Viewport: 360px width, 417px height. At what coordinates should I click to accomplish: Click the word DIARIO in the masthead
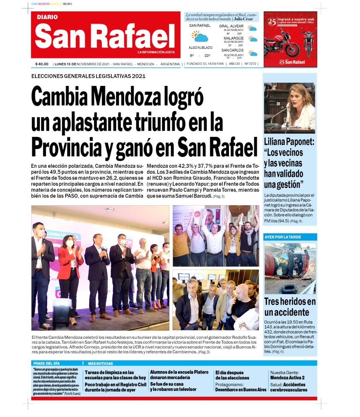47,17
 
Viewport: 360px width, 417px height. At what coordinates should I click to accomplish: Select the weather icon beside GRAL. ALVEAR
253,29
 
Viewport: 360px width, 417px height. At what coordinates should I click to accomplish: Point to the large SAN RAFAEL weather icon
200,37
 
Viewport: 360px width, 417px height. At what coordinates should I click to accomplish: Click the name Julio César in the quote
244,19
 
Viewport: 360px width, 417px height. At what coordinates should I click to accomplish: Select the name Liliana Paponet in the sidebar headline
289,143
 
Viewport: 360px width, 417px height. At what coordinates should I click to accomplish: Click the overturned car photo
290,268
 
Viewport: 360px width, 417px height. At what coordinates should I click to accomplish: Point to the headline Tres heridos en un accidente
290,307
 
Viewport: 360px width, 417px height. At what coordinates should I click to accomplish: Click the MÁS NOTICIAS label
101,363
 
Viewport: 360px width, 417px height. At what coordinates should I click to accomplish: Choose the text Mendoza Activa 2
287,377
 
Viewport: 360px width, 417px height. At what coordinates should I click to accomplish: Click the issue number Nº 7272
250,64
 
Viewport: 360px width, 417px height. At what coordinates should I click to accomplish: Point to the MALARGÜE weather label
233,38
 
